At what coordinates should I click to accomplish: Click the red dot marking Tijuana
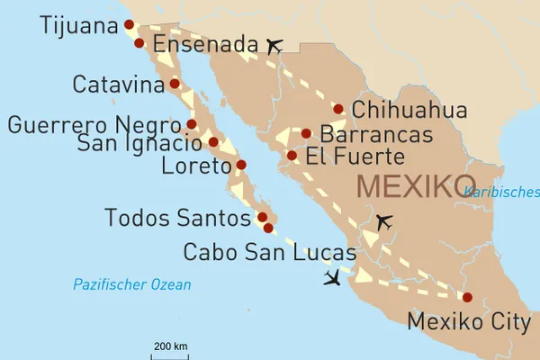[x=129, y=25]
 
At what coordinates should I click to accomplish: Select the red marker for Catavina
[x=175, y=84]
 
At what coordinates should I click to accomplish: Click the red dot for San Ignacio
[x=213, y=141]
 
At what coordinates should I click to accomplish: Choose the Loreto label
[x=196, y=166]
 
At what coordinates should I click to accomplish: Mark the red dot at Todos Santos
[x=262, y=217]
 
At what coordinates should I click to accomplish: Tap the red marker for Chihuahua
[x=338, y=109]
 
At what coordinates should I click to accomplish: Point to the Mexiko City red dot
[x=466, y=297]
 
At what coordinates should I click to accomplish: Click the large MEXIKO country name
[x=416, y=187]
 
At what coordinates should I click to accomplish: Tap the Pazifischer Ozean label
[x=132, y=285]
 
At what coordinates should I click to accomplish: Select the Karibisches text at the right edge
[x=501, y=192]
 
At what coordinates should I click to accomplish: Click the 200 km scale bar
[x=170, y=353]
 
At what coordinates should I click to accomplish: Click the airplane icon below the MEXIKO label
[x=384, y=221]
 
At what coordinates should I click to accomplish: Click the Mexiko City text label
[x=469, y=321]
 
